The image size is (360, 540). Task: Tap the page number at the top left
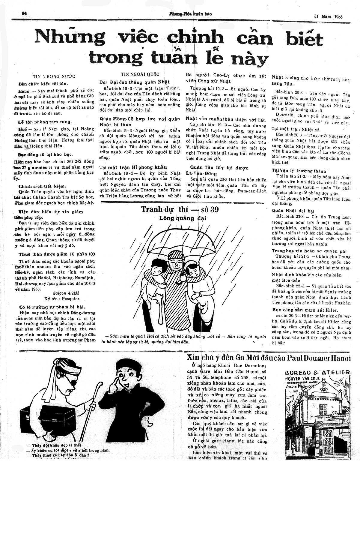tap(25, 13)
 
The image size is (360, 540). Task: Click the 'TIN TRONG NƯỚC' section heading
tap(54, 76)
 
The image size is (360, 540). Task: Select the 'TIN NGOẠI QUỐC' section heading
tap(140, 74)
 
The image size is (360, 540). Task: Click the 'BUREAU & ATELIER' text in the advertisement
tap(317, 372)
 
